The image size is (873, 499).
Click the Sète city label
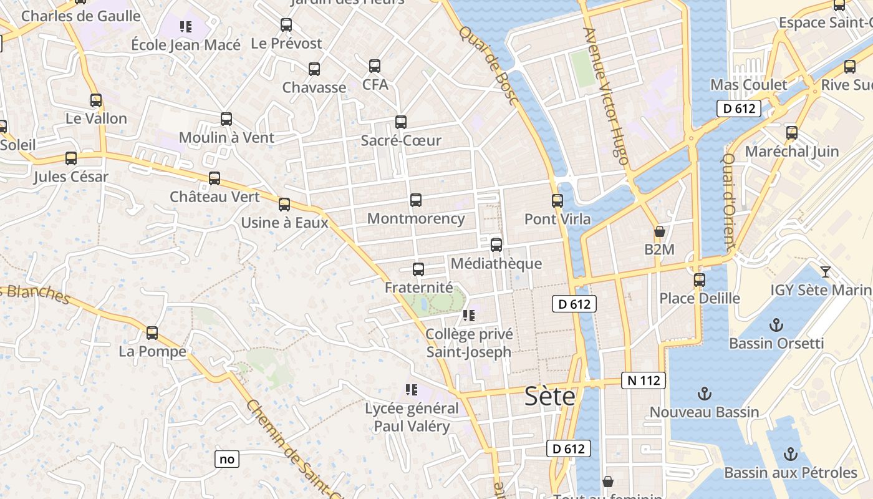549,396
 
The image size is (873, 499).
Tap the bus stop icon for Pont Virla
557,201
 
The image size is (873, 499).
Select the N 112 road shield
644,380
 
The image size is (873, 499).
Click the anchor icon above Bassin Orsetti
776,325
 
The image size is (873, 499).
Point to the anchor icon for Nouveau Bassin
704,394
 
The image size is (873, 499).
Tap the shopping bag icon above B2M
660,232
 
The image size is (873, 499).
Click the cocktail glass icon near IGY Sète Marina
826,271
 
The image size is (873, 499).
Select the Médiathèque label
496,263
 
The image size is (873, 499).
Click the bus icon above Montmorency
416,200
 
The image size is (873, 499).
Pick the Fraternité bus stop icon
418,269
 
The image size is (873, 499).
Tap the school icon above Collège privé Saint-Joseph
469,316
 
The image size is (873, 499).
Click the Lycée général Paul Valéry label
412,417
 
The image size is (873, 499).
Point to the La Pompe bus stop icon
152,333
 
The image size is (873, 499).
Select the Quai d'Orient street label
730,200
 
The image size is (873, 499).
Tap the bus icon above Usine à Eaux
284,204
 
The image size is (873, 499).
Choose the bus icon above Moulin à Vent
226,119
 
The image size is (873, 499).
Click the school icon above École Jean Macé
185,26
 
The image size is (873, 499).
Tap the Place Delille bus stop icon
700,280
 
